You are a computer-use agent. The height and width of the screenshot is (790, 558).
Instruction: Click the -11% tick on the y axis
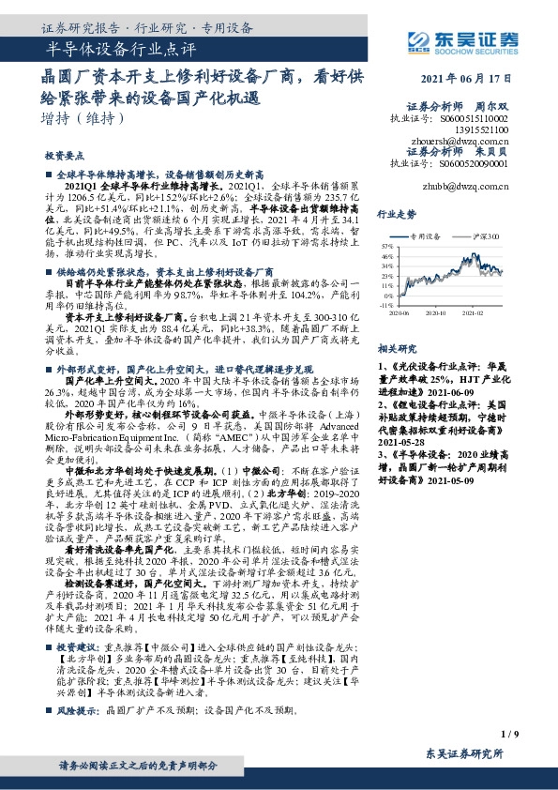pyautogui.click(x=385, y=305)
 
